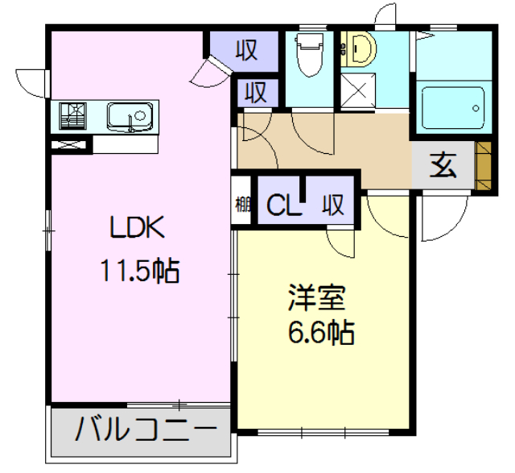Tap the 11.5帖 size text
coord(139,271)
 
